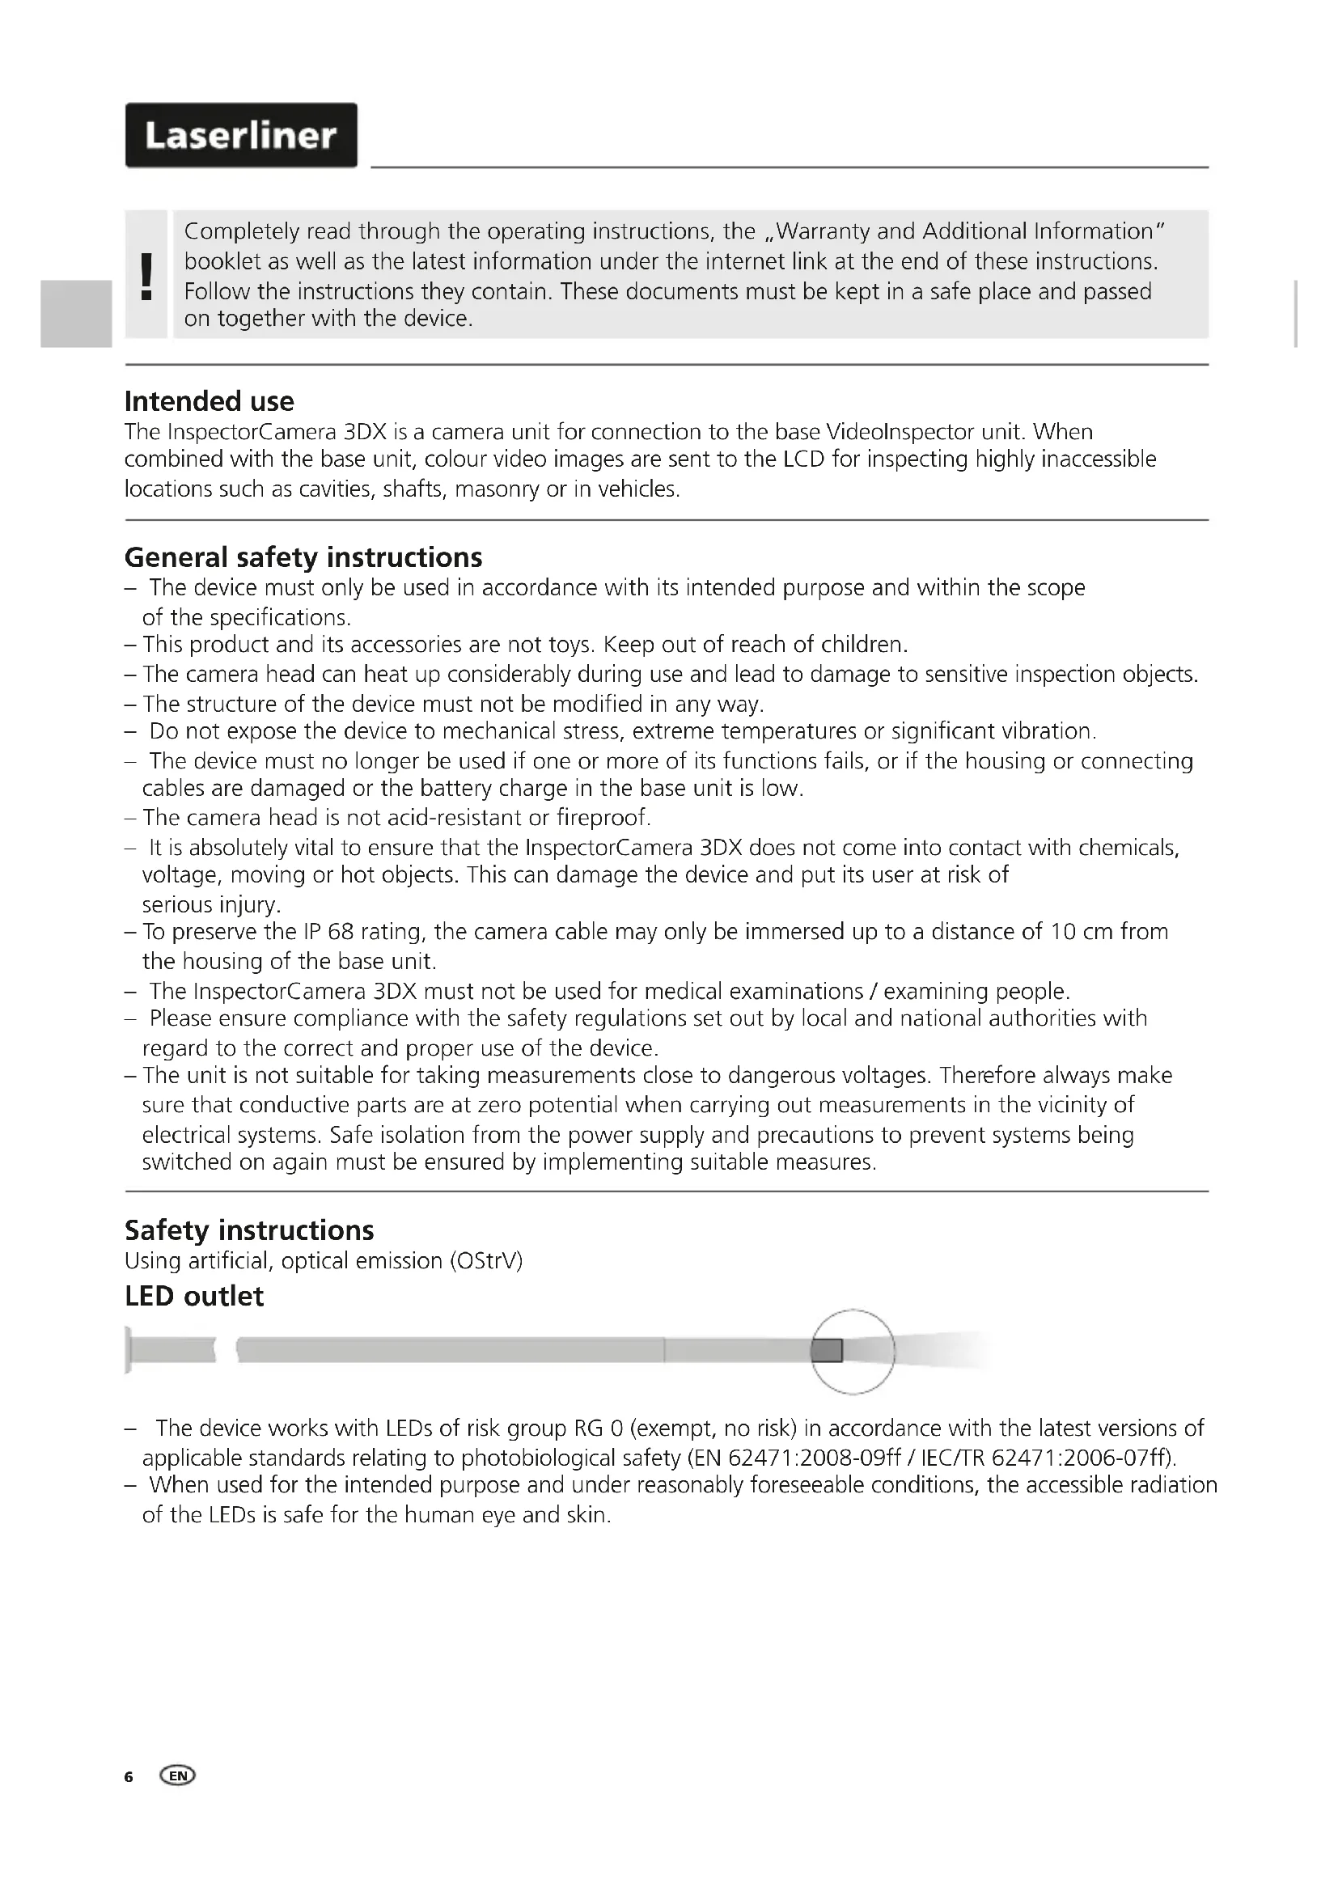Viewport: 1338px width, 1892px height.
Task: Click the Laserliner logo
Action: pos(240,135)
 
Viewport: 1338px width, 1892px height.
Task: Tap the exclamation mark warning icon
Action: pos(146,275)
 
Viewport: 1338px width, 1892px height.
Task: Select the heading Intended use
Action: pos(210,401)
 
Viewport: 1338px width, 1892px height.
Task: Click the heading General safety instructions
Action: pos(303,558)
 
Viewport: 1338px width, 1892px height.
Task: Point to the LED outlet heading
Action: pos(193,1296)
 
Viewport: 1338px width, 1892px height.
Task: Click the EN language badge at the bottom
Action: pos(179,1776)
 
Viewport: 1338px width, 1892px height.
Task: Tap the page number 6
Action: pos(129,1776)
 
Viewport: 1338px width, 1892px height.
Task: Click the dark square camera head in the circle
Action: pos(827,1351)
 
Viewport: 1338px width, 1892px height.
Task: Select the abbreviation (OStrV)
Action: pos(486,1261)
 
